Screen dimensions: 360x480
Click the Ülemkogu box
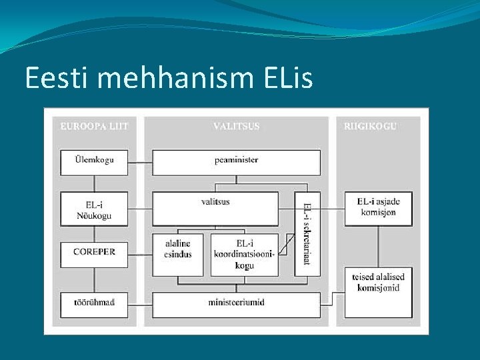click(x=94, y=162)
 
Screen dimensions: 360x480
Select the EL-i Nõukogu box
click(x=94, y=209)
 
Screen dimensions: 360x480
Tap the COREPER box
click(x=94, y=254)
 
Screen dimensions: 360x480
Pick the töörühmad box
click(x=94, y=304)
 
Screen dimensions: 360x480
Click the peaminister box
click(x=236, y=162)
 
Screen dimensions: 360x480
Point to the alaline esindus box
click(x=178, y=249)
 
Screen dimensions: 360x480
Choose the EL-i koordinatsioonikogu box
click(x=244, y=254)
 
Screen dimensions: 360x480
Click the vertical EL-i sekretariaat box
click(x=307, y=233)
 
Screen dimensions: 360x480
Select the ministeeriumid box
click(x=236, y=304)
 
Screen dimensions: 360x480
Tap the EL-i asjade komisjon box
click(x=377, y=208)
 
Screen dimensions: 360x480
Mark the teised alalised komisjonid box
click(x=377, y=283)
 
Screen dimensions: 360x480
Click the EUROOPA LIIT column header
click(x=94, y=125)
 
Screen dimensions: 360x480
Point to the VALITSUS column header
click(x=236, y=125)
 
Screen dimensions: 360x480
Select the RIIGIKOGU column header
click(x=371, y=125)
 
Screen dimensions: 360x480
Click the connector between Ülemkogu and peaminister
click(x=140, y=162)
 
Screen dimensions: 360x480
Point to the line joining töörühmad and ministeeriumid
click(x=140, y=304)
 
